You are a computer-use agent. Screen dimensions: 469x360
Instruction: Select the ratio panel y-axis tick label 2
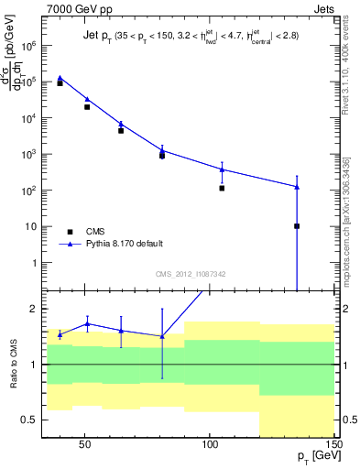[32, 309]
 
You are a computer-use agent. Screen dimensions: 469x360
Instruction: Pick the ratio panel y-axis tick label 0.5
[28, 420]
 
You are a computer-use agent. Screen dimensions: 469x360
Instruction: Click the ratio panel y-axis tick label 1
[32, 365]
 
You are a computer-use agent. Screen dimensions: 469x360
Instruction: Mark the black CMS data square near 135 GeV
[297, 225]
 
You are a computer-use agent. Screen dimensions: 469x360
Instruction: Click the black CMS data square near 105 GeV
[222, 188]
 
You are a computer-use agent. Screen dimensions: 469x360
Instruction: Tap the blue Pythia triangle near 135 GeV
[297, 187]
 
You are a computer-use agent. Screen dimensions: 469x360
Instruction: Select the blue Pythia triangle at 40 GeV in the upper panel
[60, 78]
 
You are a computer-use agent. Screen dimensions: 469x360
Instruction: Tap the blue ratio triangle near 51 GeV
[87, 323]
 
